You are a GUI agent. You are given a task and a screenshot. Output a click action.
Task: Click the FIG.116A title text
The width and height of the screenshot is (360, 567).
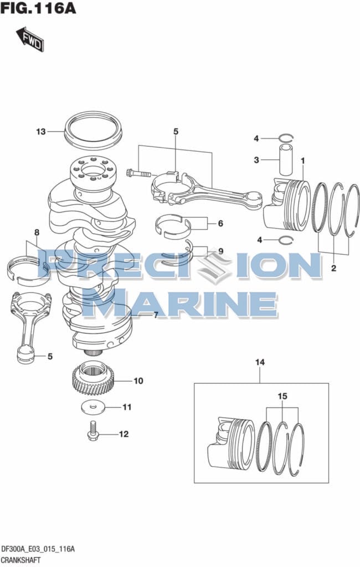(x=38, y=8)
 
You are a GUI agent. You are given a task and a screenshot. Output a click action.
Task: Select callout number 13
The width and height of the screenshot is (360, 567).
(x=41, y=132)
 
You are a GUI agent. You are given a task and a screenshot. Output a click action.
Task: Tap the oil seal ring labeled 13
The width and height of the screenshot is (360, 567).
(x=93, y=131)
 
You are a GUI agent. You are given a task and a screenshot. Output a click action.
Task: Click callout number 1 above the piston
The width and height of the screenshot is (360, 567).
(x=303, y=160)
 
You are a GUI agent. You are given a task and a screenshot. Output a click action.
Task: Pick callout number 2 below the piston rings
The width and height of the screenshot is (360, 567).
(x=333, y=268)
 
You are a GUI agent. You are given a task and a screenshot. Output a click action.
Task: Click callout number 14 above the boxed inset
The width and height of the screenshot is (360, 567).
(x=260, y=362)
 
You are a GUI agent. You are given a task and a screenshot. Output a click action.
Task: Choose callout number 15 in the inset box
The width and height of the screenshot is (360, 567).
(x=282, y=396)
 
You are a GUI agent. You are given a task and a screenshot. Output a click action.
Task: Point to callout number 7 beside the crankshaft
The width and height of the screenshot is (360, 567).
(x=156, y=315)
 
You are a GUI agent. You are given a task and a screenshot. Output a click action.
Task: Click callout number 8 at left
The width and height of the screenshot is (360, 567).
(x=37, y=233)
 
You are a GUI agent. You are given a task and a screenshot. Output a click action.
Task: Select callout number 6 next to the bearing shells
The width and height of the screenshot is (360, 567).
(x=220, y=224)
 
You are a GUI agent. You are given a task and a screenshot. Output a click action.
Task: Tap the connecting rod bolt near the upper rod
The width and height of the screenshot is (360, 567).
(x=138, y=173)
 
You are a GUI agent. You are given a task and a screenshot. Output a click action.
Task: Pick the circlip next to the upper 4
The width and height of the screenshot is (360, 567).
(x=286, y=137)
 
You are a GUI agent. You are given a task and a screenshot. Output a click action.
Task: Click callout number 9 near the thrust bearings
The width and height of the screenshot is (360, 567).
(x=220, y=251)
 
